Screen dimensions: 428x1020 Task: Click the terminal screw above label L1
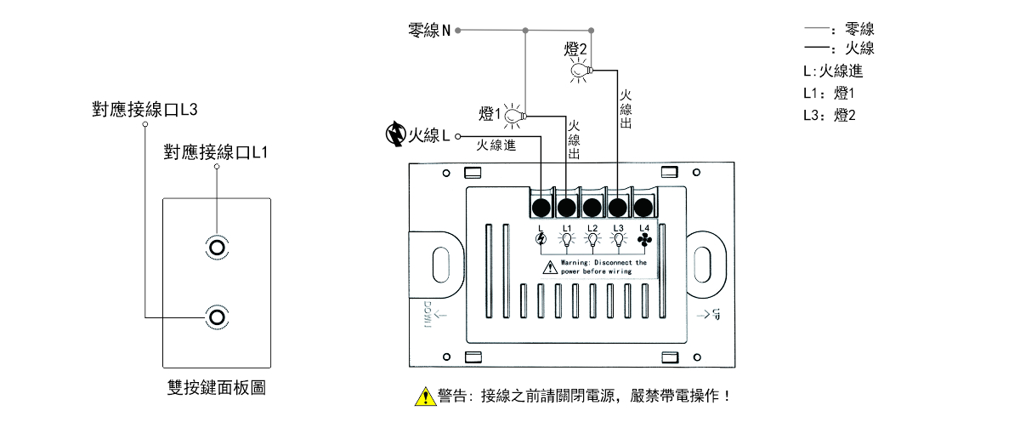click(567, 207)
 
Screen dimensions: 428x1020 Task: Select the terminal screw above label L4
click(643, 207)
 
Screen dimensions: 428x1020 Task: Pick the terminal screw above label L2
click(592, 207)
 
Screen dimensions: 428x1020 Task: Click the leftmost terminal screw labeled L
click(541, 207)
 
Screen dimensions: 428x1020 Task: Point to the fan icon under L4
click(643, 241)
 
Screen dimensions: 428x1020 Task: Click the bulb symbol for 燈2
click(580, 70)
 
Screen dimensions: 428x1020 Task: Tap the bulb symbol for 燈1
click(513, 116)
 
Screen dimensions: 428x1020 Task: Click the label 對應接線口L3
click(144, 109)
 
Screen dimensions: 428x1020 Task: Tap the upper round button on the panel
click(217, 248)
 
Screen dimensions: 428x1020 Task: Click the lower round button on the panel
click(217, 317)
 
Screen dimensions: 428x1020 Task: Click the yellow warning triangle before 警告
click(423, 397)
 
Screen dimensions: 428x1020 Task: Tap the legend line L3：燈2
click(829, 116)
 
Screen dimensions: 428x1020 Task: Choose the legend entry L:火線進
click(832, 71)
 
